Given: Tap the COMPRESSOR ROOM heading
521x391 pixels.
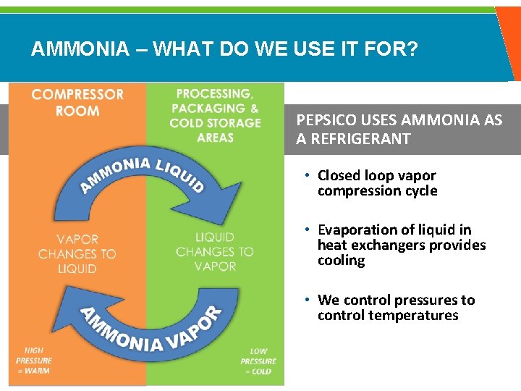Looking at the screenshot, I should point(77,102).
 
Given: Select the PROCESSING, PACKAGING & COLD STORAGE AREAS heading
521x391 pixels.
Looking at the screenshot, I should point(215,115).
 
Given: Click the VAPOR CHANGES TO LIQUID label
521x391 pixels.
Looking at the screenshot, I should point(77,253).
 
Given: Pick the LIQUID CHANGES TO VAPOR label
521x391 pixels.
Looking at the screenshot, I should point(215,251).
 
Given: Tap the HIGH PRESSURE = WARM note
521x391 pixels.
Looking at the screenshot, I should point(34,361).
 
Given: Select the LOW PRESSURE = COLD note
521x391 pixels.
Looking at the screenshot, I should point(258,361).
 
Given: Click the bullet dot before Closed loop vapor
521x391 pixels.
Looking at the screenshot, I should point(308,175).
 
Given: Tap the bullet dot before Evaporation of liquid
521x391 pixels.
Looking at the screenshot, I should point(308,230).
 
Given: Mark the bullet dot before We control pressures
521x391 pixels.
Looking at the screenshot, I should point(308,300).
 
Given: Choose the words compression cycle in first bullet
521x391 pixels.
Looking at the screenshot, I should point(377,191).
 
